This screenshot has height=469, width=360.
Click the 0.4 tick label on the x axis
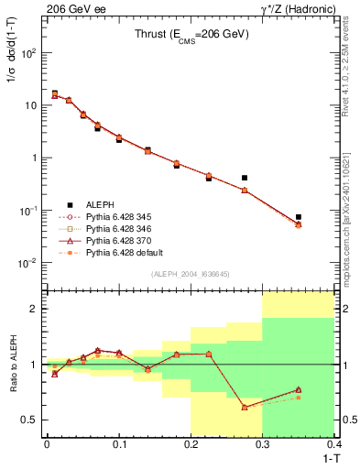click(334, 444)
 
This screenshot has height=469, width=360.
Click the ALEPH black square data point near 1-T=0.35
click(299, 217)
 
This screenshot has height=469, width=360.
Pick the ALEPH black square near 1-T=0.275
click(245, 178)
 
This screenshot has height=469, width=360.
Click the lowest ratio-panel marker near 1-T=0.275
click(245, 407)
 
